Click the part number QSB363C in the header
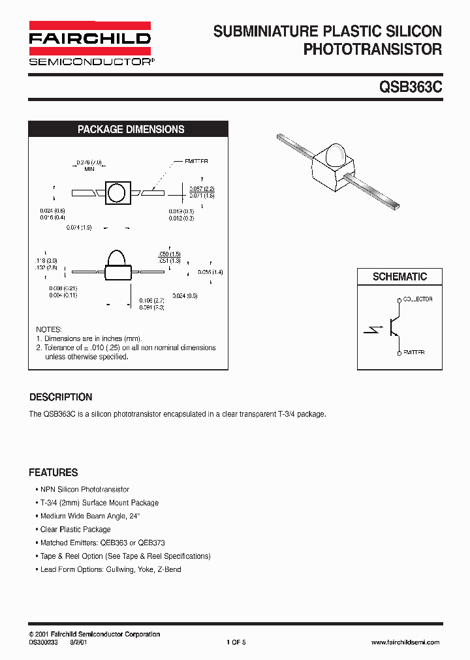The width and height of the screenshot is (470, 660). [409, 88]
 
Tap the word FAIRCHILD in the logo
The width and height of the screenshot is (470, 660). [89, 38]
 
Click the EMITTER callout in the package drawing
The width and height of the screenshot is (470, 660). [196, 161]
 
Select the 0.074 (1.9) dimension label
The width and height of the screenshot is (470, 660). [79, 228]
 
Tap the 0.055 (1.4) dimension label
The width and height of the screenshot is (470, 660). [209, 272]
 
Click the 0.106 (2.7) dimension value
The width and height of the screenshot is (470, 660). [152, 301]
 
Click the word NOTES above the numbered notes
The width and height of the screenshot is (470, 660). [49, 329]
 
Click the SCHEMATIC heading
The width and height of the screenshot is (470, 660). [399, 277]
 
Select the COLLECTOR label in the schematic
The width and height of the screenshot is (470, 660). [418, 299]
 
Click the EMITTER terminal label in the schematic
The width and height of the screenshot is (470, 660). [414, 352]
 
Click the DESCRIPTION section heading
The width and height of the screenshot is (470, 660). [61, 397]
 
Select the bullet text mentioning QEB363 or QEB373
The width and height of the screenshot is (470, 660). [102, 543]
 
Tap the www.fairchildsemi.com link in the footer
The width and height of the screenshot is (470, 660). [405, 642]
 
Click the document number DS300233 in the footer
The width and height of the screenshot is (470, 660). [44, 642]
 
